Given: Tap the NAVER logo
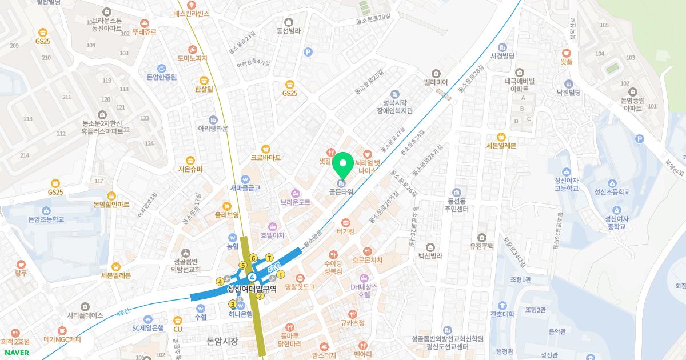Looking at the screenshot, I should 15,353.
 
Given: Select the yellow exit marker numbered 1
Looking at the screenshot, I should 281,275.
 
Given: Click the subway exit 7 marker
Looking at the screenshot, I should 269,258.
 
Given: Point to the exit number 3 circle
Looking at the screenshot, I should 232,304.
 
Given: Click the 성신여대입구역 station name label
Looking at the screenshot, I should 252,289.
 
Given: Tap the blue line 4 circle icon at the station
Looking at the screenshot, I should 252,277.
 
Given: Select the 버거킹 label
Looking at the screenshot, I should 346,231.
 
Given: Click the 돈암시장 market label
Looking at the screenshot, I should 222,341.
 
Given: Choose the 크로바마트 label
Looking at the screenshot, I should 266,157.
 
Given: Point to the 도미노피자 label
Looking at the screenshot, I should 193,58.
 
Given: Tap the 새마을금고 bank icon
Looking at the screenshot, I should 245,179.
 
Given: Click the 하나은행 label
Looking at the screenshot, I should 240,314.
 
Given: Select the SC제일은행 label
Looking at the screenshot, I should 148,328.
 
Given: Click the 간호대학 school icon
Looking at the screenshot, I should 502,305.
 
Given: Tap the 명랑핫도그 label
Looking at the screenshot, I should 300,286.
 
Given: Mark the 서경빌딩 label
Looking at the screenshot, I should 502,55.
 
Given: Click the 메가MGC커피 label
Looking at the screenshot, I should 62,339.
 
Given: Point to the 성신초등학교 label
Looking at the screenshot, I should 612,192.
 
